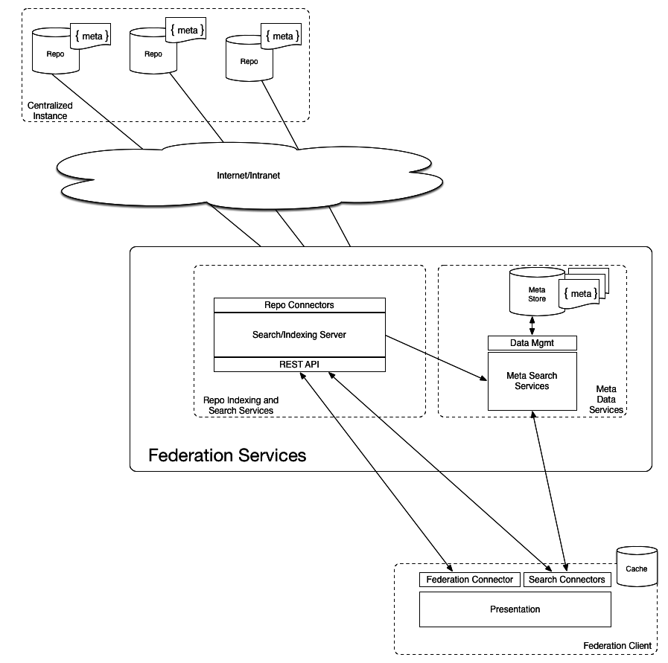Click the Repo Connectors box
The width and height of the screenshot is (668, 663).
(x=299, y=305)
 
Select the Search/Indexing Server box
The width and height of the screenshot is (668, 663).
(x=299, y=335)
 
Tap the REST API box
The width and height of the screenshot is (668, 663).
(x=299, y=365)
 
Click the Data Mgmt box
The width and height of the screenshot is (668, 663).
(x=532, y=343)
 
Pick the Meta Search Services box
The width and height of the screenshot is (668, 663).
(x=532, y=381)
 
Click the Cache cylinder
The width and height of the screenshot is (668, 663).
(x=636, y=567)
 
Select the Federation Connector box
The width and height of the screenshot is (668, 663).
(x=470, y=580)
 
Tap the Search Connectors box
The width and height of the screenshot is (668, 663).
(x=567, y=580)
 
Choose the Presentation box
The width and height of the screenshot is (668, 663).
(x=515, y=609)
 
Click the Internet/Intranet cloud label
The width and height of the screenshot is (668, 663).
(x=248, y=176)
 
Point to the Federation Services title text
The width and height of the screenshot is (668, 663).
(x=227, y=455)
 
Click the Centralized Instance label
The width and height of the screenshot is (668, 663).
(x=50, y=111)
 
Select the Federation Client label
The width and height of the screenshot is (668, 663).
(x=617, y=645)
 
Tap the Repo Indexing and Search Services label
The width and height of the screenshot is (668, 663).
(x=241, y=406)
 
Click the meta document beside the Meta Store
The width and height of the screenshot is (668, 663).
(x=581, y=293)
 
